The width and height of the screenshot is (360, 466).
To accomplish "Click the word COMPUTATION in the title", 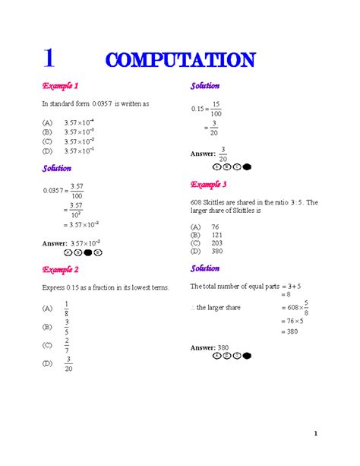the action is click(181, 59).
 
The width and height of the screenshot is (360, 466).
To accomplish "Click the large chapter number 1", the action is click(50, 58).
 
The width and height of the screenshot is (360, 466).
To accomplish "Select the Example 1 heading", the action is click(60, 86).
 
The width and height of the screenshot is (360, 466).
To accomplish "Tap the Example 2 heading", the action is click(60, 269).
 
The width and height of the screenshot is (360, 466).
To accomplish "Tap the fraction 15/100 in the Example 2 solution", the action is click(216, 108).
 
